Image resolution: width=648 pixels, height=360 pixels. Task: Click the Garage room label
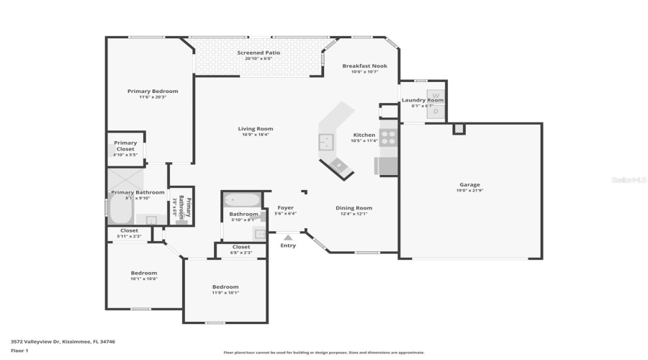pyautogui.click(x=469, y=184)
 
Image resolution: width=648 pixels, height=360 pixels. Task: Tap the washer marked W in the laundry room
pyautogui.click(x=435, y=95)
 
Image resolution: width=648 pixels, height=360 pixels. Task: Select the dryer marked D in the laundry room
pyautogui.click(x=435, y=112)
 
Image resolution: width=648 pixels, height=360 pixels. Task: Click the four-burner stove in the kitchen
pyautogui.click(x=387, y=138)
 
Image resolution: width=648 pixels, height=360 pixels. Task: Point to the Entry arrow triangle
pyautogui.click(x=288, y=237)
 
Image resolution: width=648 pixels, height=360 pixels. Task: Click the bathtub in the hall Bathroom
pyautogui.click(x=238, y=200)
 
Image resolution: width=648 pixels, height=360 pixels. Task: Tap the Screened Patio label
pyautogui.click(x=258, y=53)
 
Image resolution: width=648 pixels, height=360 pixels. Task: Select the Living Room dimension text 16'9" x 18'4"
pyautogui.click(x=256, y=135)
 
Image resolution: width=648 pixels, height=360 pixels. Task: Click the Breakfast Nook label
pyautogui.click(x=364, y=66)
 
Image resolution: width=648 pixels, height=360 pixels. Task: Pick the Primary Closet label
pyautogui.click(x=125, y=145)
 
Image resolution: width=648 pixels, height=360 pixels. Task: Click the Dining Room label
pyautogui.click(x=354, y=207)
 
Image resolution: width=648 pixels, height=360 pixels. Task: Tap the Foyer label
pyautogui.click(x=286, y=207)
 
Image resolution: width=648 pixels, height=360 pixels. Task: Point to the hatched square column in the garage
pyautogui.click(x=459, y=129)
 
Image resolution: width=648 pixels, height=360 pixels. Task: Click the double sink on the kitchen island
pyautogui.click(x=325, y=141)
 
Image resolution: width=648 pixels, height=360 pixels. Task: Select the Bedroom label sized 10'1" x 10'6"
pyautogui.click(x=144, y=273)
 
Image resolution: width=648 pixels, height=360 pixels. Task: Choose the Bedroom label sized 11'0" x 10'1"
pyautogui.click(x=225, y=287)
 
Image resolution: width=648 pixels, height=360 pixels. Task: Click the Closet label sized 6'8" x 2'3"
pyautogui.click(x=241, y=247)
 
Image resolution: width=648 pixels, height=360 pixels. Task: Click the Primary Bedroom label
pyautogui.click(x=153, y=91)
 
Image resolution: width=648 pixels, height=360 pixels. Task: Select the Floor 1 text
pyautogui.click(x=19, y=351)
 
